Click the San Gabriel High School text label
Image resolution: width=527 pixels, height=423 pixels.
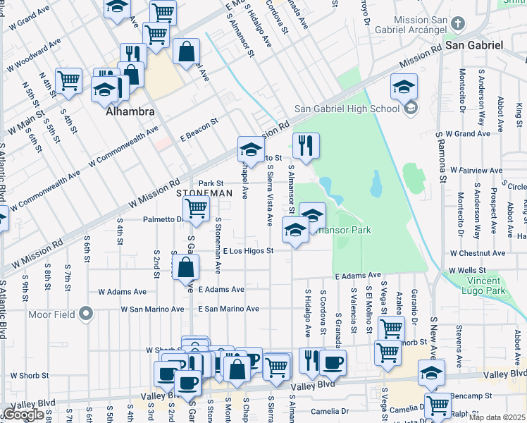click(x=347, y=108)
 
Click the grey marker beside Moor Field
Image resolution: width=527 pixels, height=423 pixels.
click(x=87, y=313)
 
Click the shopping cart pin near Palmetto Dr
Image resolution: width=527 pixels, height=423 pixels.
click(x=195, y=208)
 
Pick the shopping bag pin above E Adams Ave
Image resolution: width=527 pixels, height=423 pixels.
click(x=185, y=267)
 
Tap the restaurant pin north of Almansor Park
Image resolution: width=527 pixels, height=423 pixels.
click(x=306, y=146)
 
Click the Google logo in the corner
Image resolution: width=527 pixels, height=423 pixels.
click(x=23, y=415)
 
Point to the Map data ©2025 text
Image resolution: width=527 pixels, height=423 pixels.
click(x=496, y=417)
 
